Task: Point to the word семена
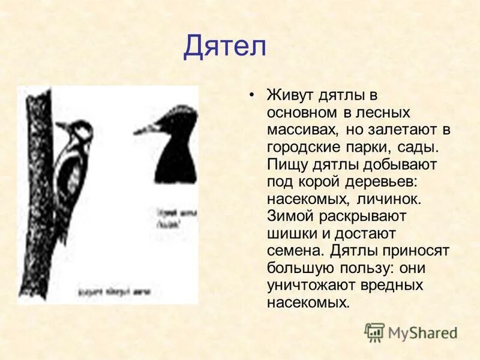294,250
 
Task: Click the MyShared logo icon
374,332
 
